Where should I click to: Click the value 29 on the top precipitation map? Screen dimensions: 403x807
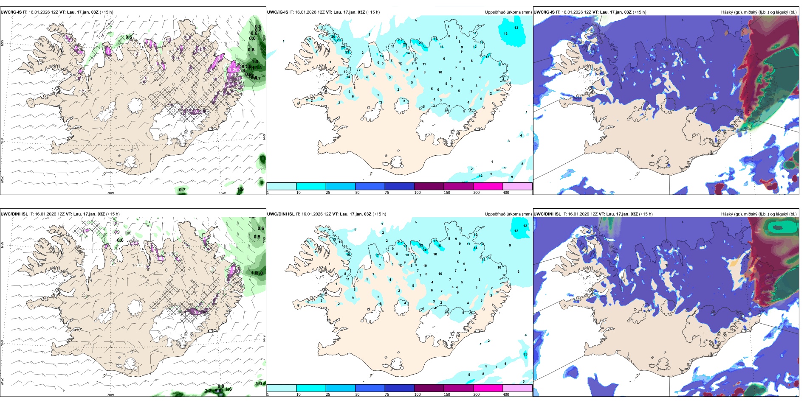point(420,43)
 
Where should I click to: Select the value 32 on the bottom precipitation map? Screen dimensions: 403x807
point(421,245)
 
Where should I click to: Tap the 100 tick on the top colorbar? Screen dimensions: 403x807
point(418,193)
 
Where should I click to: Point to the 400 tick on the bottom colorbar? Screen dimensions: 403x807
point(506,395)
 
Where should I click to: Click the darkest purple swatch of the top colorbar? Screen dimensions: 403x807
point(429,186)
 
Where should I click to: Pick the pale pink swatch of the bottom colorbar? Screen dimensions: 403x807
point(517,388)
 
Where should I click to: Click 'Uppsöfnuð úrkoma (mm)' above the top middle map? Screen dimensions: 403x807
point(508,12)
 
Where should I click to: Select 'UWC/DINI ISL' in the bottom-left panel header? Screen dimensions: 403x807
point(14,214)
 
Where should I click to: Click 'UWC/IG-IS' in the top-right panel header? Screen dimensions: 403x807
point(544,12)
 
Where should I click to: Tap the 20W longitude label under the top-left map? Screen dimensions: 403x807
point(110,193)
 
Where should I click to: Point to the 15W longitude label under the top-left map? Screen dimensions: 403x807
point(222,193)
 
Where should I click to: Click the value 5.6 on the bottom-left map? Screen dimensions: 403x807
point(218,391)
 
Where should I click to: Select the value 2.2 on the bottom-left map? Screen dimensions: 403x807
point(208,391)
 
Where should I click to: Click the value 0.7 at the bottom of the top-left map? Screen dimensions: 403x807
point(182,190)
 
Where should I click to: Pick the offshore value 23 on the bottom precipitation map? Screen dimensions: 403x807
point(525,354)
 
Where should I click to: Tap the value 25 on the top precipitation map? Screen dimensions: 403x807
point(405,44)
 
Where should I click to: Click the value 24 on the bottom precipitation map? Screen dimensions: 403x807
point(424,250)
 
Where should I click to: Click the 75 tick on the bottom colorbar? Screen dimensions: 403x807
point(387,395)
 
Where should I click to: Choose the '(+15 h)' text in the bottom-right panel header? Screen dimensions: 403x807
point(644,214)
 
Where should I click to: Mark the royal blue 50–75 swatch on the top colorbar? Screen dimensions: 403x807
point(370,186)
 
